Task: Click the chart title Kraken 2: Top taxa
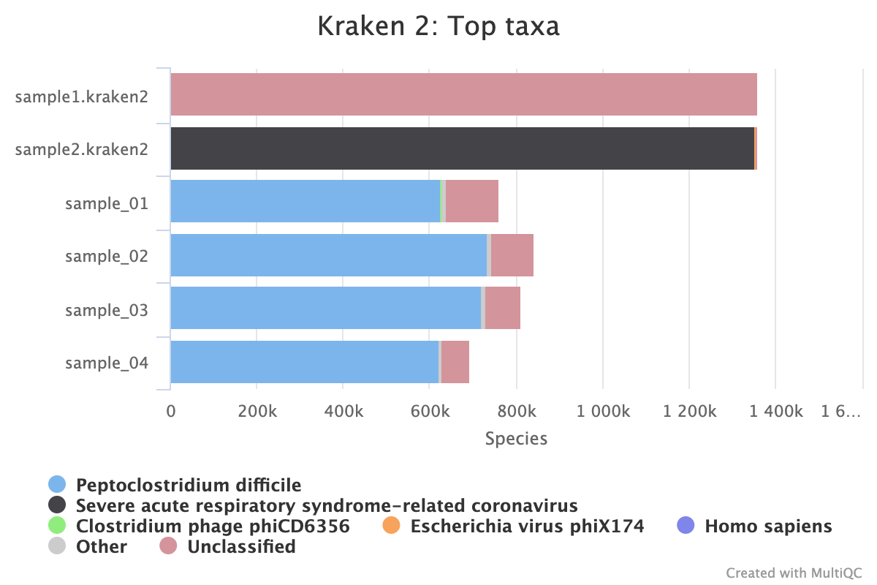click(438, 27)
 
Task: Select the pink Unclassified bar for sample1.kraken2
click(463, 94)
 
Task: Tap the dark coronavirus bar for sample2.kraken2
click(462, 148)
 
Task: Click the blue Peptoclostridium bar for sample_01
click(305, 201)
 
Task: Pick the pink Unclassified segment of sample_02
click(512, 255)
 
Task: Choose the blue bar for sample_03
click(325, 308)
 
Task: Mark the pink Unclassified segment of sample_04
click(455, 362)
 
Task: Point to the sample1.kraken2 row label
click(82, 96)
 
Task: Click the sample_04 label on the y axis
click(107, 363)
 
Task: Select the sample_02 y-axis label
click(107, 257)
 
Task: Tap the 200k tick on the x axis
click(257, 412)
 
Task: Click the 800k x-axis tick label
click(516, 412)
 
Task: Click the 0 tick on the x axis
click(171, 412)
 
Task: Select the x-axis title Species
click(516, 439)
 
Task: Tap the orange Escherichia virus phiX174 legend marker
click(392, 526)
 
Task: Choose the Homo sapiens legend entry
click(767, 526)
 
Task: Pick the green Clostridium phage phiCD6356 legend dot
click(57, 526)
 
